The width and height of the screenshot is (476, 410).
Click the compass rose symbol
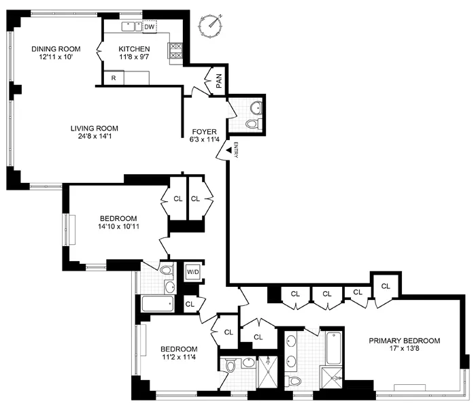coord(211,25)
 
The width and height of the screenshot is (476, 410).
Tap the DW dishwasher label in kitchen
coord(150,27)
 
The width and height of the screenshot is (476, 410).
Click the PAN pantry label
coord(219,80)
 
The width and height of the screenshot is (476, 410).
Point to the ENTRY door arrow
coord(222,154)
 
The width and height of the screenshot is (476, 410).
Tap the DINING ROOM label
coord(56,48)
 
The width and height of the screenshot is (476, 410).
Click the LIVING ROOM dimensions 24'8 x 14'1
coord(95,137)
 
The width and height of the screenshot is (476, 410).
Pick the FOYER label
coord(203,132)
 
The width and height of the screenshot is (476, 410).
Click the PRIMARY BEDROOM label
coord(404,341)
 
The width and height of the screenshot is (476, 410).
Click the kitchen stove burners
coord(175,50)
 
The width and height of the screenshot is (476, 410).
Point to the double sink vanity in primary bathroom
coord(291,350)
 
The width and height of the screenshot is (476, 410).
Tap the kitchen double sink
coord(131,27)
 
